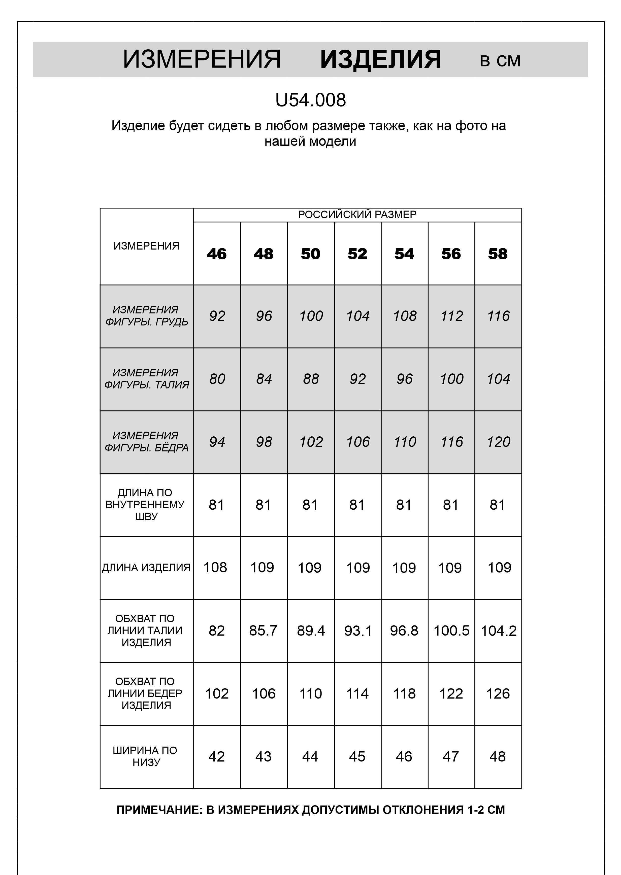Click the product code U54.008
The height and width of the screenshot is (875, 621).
coord(310,100)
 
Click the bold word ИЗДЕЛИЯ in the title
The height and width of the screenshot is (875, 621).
coord(380,60)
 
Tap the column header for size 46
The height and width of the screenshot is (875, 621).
coord(217,254)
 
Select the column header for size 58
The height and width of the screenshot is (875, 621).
coord(498,254)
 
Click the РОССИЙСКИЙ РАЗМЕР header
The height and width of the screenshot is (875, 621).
coord(357,215)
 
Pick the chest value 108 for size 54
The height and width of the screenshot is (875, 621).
coord(405,316)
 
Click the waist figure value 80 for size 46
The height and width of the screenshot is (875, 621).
coord(217,379)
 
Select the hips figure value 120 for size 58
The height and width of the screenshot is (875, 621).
coord(498,442)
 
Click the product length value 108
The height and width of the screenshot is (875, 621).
coord(215,567)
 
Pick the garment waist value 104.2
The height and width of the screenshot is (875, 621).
coord(498,631)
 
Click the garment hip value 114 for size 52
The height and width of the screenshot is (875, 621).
coord(357,693)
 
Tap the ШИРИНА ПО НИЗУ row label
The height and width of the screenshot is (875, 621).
coord(145,756)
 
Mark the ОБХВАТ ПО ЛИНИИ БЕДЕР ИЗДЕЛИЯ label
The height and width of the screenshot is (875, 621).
coord(145,693)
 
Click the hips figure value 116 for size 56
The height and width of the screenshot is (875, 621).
coord(452,442)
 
